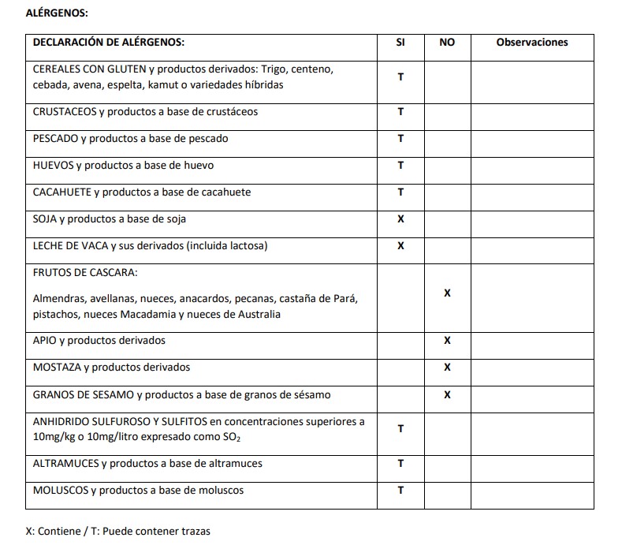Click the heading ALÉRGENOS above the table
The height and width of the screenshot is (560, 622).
point(57,14)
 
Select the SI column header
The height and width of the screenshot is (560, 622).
point(400,43)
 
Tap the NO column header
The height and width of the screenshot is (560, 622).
point(447,43)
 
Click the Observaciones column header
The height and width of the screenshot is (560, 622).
point(532,43)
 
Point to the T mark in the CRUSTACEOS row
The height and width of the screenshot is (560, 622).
point(400,112)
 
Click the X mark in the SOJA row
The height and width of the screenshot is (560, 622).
point(400,219)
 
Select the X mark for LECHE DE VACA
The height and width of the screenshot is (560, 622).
point(400,246)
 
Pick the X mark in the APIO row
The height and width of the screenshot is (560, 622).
point(447,341)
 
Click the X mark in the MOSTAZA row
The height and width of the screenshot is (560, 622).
point(447,368)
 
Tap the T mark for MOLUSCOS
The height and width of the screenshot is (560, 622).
point(400,491)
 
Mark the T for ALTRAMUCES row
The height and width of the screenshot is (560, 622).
point(400,464)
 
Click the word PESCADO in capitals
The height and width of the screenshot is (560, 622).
point(55,139)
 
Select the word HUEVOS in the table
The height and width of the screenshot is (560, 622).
point(53,166)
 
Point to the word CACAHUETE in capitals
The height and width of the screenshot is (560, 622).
point(62,192)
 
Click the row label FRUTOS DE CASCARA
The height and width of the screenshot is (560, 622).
point(85,273)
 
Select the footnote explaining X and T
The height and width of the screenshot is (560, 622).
point(118,531)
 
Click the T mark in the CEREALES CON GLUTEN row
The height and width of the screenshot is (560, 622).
point(400,77)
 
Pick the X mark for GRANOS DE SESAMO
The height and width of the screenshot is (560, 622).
point(447,394)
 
